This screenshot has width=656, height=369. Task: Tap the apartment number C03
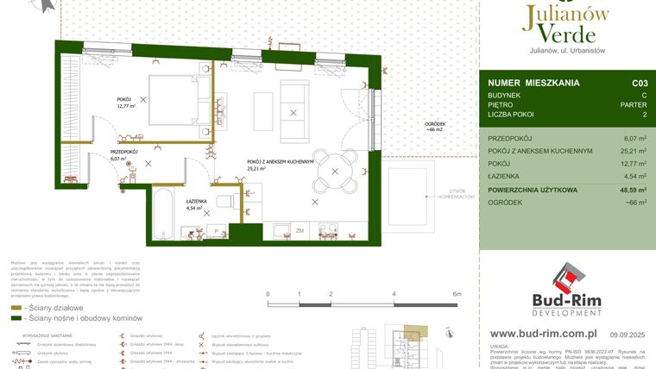(639, 84)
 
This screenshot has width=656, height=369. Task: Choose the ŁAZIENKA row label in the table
(509, 175)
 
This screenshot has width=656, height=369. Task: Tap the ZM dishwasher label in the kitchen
(300, 232)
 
